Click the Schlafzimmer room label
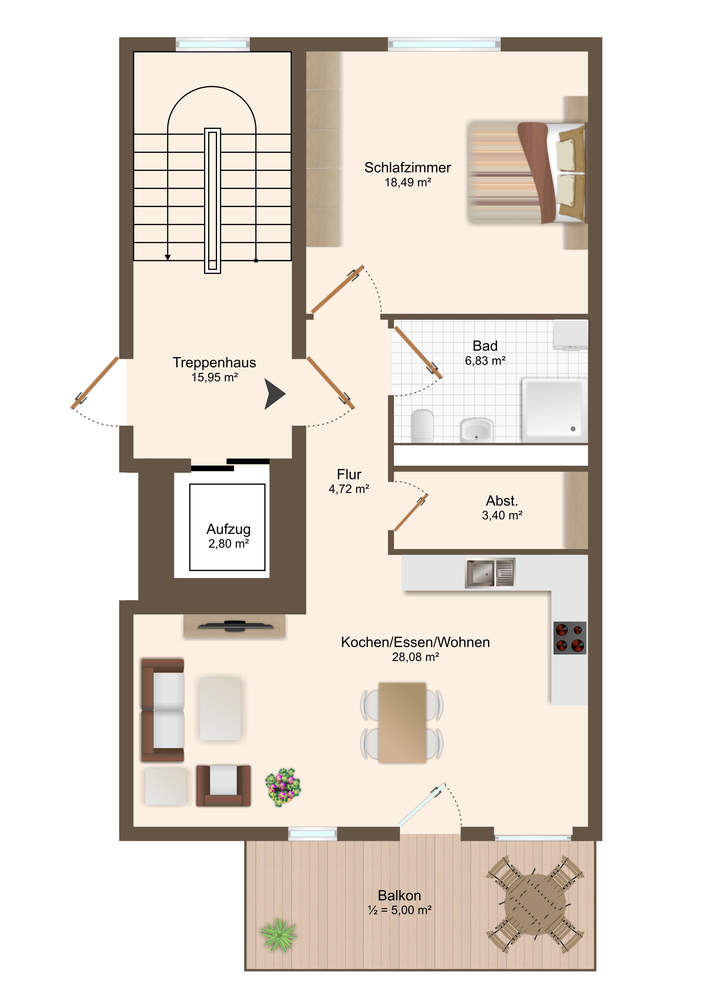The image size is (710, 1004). click(x=407, y=167)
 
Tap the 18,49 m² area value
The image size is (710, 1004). click(x=407, y=183)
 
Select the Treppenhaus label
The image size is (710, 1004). click(x=214, y=362)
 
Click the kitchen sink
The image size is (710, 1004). click(x=490, y=573)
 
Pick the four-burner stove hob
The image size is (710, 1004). click(x=570, y=638)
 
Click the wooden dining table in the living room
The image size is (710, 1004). click(x=402, y=723)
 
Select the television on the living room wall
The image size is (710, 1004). click(x=236, y=626)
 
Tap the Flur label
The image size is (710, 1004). click(x=349, y=474)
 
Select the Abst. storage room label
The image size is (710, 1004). click(x=502, y=501)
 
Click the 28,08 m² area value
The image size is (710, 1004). click(x=415, y=657)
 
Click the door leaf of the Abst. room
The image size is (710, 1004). click(x=411, y=512)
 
